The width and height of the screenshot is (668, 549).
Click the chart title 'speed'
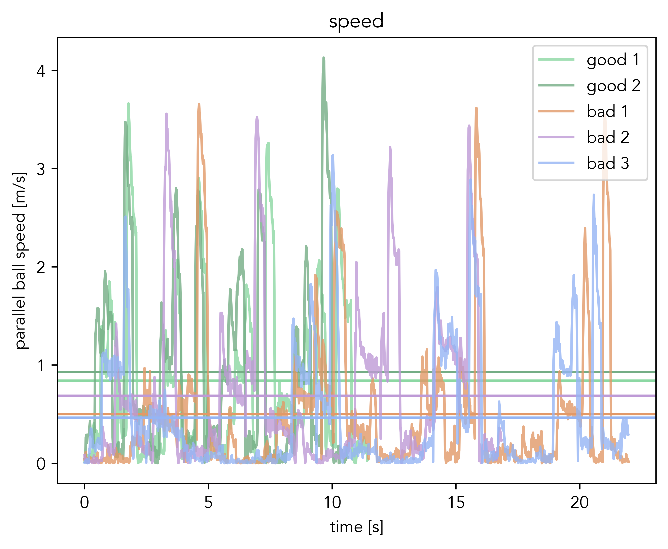356,22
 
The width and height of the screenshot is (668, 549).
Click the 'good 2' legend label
613,86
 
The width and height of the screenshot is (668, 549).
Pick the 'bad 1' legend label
607,111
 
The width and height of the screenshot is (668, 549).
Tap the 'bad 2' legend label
608,137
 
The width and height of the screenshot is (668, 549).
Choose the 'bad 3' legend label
608,163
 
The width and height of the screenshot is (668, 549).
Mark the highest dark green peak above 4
323,58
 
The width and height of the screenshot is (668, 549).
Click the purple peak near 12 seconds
390,147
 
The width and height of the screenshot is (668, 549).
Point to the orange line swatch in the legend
556,111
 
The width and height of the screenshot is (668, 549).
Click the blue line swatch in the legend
556,163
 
